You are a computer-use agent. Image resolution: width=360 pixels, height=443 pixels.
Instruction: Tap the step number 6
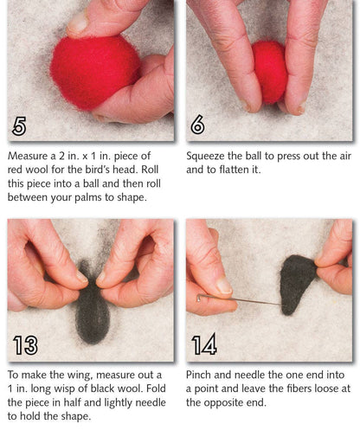pos(198,125)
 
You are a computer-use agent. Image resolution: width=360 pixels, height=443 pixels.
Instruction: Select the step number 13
pos(25,345)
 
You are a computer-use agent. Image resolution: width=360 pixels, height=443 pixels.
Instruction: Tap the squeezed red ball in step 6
pos(269,71)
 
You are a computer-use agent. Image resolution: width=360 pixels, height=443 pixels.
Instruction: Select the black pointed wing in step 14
pos(299,281)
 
